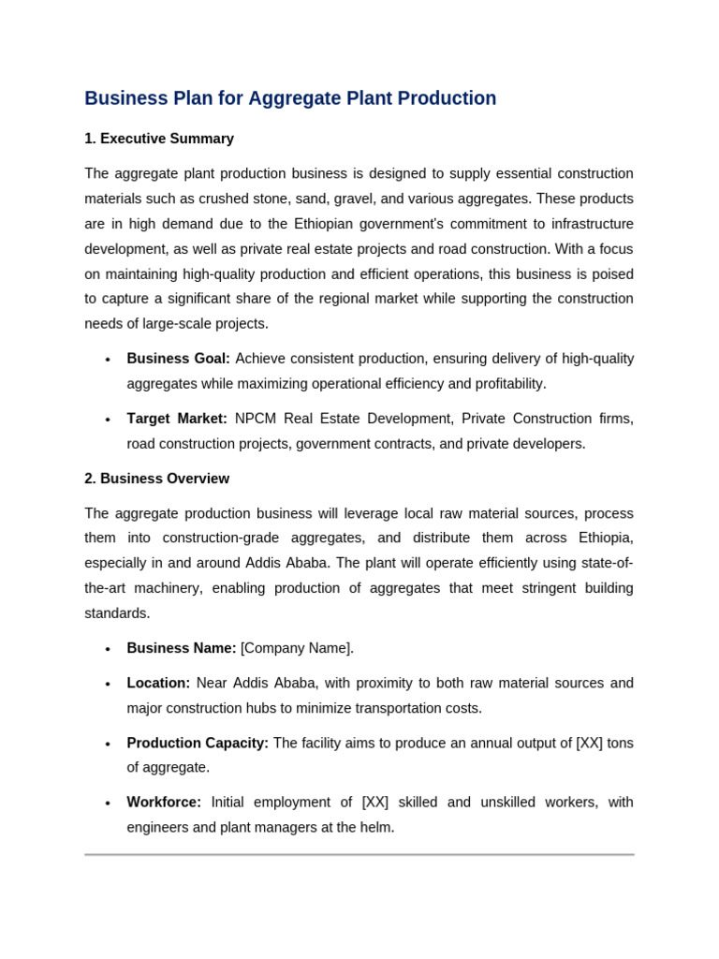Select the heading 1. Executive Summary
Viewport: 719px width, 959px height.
[159, 139]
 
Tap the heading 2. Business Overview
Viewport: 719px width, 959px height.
[156, 479]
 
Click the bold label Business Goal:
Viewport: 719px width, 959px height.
[178, 359]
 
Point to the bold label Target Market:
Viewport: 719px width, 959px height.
[177, 419]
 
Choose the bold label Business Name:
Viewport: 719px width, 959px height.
[181, 648]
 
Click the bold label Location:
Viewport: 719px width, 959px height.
[158, 683]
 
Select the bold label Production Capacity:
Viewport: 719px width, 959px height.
[198, 743]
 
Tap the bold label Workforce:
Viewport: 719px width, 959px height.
[164, 803]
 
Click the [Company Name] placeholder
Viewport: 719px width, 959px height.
[296, 648]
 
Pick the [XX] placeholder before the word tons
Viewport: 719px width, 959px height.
[589, 743]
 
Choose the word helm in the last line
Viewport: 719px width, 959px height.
[374, 827]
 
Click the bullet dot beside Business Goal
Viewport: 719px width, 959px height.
[108, 360]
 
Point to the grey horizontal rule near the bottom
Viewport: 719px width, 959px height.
[359, 854]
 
